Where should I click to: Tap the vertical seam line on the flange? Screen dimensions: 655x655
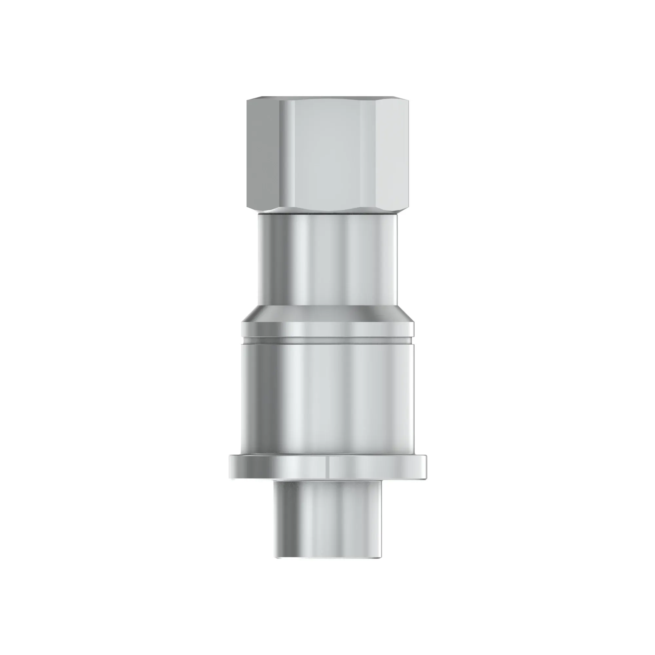(329, 466)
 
